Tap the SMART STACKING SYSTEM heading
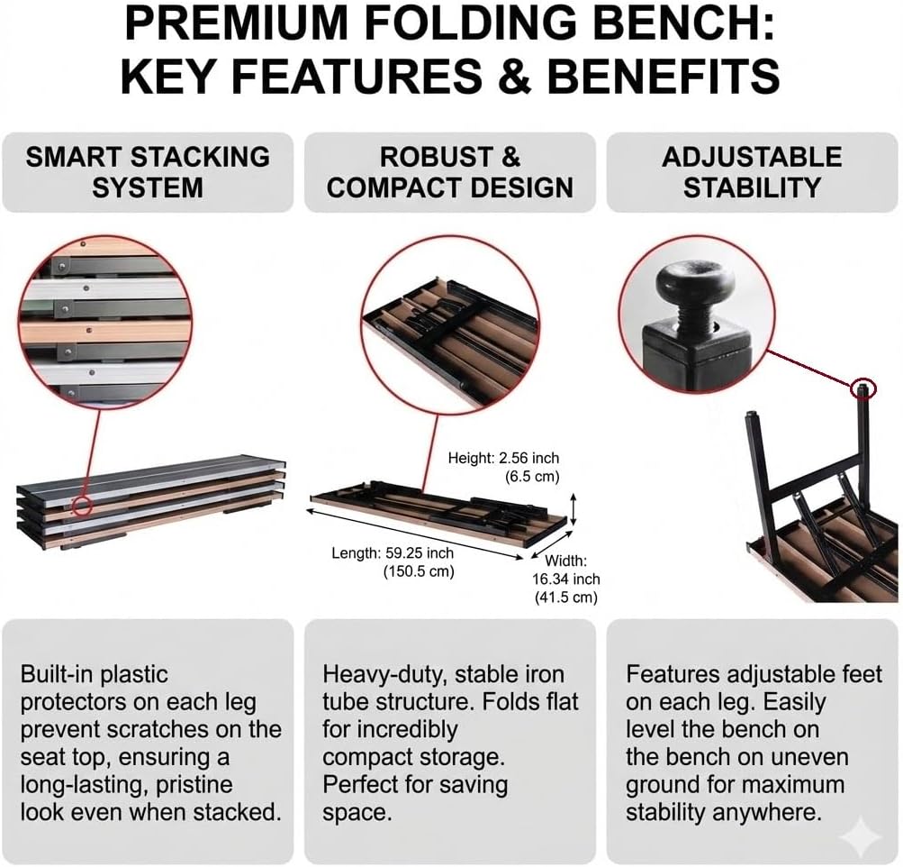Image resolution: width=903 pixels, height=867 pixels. pyautogui.click(x=148, y=171)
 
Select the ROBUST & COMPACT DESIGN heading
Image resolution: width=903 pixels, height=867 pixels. pyautogui.click(x=449, y=171)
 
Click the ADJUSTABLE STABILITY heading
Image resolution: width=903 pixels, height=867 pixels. pyautogui.click(x=752, y=171)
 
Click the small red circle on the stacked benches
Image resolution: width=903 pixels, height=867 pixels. pyautogui.click(x=82, y=504)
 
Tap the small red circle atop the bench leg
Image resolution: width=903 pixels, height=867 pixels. pyautogui.click(x=863, y=388)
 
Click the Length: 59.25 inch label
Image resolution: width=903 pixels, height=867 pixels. pyautogui.click(x=393, y=552)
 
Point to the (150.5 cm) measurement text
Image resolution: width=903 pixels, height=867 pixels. pyautogui.click(x=419, y=570)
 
